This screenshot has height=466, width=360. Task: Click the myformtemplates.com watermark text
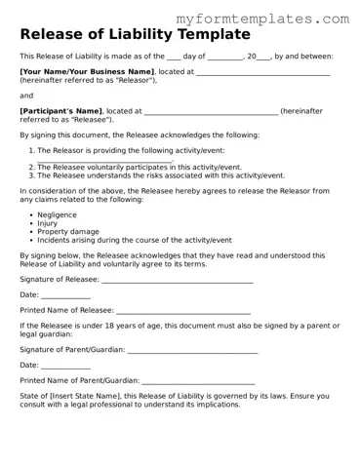(x=277, y=19)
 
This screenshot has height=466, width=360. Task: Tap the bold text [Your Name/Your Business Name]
(x=87, y=72)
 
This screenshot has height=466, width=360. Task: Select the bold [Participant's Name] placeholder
(x=62, y=111)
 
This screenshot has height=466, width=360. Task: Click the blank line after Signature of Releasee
(x=178, y=279)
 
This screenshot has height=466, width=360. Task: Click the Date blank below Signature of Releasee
(x=65, y=294)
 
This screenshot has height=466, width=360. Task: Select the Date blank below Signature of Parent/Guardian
(x=65, y=365)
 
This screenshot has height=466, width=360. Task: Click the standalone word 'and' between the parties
(x=26, y=96)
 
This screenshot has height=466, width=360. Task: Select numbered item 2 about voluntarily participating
(x=139, y=168)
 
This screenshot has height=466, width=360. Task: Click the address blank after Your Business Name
(x=263, y=72)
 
